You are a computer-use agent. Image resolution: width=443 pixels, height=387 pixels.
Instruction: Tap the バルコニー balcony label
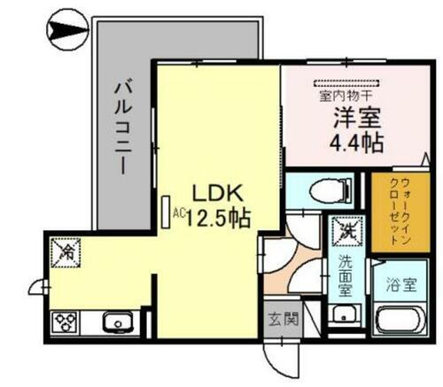pyautogui.click(x=123, y=128)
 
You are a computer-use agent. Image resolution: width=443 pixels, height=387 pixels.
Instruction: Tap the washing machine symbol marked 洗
pyautogui.click(x=344, y=234)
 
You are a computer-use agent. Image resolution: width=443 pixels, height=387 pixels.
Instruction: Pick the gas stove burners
pyautogui.click(x=68, y=321)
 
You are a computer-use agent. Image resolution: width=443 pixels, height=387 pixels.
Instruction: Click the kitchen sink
pyautogui.click(x=115, y=321)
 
